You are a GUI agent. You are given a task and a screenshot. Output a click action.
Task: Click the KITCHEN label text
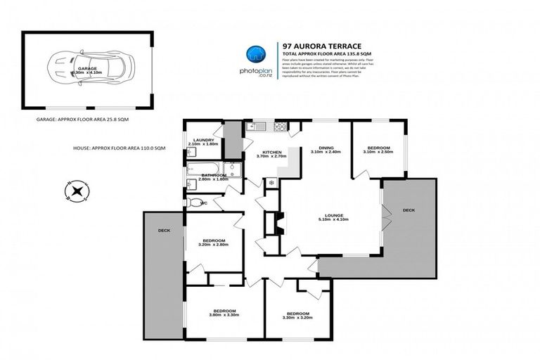[x=272, y=153]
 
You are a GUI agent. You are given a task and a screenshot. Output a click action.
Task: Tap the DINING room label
[x=324, y=148]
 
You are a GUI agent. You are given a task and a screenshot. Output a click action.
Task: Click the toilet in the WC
[x=195, y=202]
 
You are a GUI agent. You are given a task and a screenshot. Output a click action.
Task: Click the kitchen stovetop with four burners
[x=280, y=127]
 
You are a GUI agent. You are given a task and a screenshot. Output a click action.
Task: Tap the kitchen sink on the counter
[x=257, y=127]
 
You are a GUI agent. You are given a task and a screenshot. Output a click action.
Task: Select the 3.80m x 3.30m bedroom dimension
[x=224, y=315]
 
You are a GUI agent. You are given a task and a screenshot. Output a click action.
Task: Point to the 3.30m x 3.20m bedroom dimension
[x=297, y=318]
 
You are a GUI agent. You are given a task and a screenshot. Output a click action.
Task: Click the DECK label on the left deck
[x=163, y=230]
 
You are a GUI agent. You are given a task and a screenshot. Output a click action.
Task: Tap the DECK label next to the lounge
[x=409, y=210]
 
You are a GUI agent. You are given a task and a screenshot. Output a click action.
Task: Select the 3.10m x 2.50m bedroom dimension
[x=377, y=152]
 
